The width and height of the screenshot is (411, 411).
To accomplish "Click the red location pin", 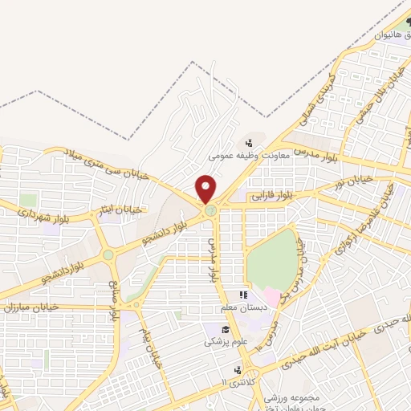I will point(206,189).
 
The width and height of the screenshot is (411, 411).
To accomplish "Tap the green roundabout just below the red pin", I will point(210,210).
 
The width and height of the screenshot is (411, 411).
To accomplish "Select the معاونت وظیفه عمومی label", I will point(239,157).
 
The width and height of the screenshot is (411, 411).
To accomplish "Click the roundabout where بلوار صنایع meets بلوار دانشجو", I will point(108,255).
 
